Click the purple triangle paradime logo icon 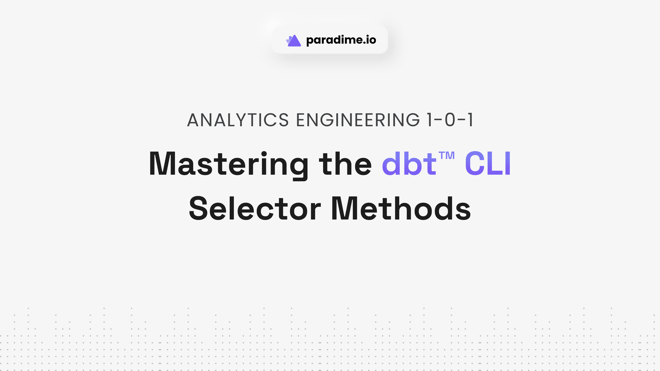[294, 41]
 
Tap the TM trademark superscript [446, 155]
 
